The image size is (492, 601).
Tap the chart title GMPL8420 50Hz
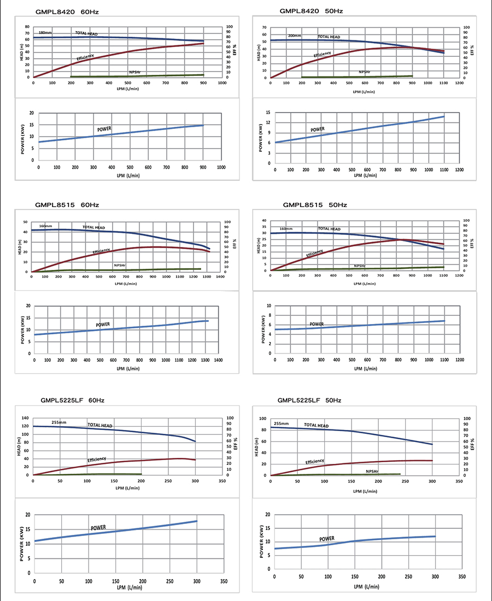click(x=311, y=10)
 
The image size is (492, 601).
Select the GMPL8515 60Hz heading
click(x=67, y=205)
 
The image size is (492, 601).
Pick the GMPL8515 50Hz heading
click(x=315, y=205)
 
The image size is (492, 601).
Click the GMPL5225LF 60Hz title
click(x=72, y=400)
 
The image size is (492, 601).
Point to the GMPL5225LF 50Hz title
click(x=309, y=400)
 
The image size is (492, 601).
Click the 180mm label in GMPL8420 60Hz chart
click(x=45, y=33)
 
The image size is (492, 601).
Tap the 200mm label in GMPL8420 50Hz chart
click(x=295, y=36)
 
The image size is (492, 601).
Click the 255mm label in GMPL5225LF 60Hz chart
click(x=58, y=422)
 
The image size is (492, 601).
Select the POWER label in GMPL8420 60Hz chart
click(x=104, y=129)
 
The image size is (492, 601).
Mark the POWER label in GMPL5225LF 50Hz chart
click(x=327, y=539)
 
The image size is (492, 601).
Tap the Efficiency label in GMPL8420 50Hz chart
click(x=323, y=54)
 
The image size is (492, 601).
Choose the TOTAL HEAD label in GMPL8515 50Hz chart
click(x=329, y=229)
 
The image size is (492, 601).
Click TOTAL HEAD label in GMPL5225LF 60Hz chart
click(x=100, y=426)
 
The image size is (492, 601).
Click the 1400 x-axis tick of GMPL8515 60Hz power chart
click(x=218, y=360)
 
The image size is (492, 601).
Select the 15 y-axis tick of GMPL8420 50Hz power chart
click(x=268, y=112)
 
